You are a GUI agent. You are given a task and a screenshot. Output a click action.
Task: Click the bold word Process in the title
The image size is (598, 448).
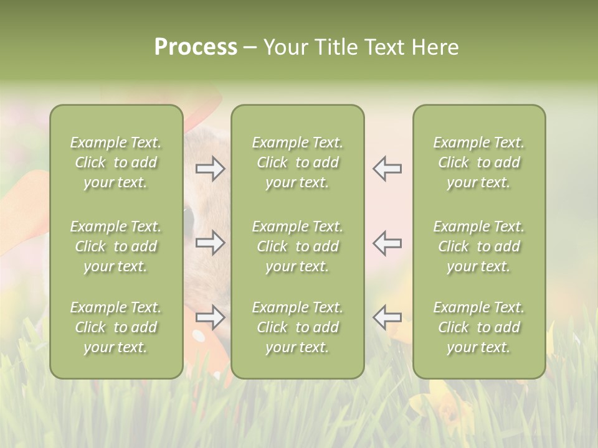click(x=196, y=47)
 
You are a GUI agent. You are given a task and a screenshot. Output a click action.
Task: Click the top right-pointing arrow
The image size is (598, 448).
click(x=211, y=169)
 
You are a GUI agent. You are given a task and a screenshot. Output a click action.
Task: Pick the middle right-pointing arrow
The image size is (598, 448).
click(x=211, y=243)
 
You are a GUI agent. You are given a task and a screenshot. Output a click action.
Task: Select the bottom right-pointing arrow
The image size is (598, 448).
click(x=211, y=317)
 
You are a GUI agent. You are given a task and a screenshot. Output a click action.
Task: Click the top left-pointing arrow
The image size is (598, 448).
click(x=387, y=169)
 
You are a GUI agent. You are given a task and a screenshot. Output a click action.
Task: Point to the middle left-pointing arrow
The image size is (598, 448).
click(x=387, y=243)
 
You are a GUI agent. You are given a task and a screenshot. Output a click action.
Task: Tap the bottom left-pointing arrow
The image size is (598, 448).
click(x=387, y=317)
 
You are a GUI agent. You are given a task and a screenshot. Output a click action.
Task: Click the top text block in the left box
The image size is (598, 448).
click(x=116, y=162)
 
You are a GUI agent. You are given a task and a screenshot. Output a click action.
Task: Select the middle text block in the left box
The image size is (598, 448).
click(x=116, y=246)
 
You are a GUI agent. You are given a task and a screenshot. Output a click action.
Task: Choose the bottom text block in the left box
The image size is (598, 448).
click(x=116, y=327)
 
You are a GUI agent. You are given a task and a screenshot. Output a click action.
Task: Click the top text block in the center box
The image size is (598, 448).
click(x=298, y=162)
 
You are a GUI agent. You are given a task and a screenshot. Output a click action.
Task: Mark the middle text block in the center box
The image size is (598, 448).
click(x=298, y=246)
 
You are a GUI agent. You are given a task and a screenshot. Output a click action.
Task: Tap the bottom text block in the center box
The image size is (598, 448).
click(x=298, y=327)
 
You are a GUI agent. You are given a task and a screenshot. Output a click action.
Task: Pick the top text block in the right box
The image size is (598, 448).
click(x=479, y=162)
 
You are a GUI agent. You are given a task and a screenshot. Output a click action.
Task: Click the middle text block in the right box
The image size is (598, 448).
click(x=479, y=246)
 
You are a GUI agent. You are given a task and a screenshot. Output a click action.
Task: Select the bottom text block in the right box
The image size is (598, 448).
click(x=479, y=327)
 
